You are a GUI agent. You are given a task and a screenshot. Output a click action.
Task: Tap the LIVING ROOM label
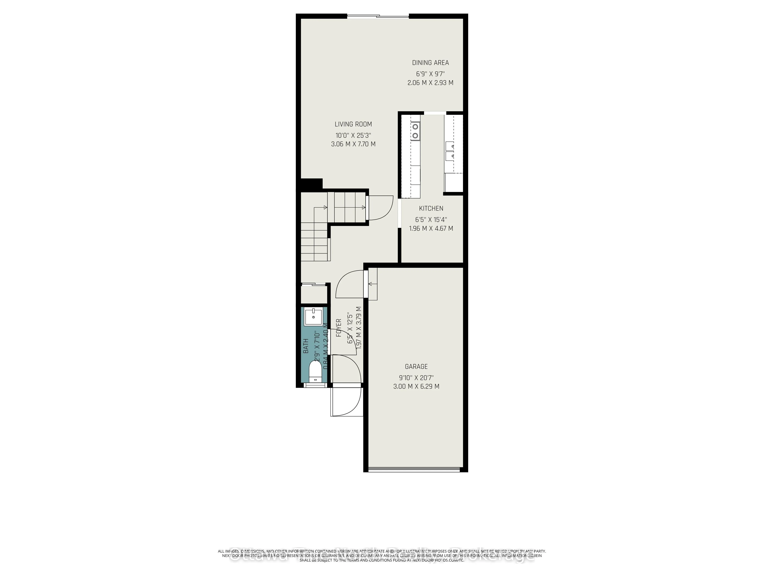353,124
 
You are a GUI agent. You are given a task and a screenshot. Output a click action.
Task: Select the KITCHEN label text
431,208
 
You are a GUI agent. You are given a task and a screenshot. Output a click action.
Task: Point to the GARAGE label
416,367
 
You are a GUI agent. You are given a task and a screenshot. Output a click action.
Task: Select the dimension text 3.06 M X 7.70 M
353,144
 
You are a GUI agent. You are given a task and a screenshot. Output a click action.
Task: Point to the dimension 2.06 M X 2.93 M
430,83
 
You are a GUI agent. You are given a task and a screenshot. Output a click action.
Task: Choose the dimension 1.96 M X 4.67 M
431,228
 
